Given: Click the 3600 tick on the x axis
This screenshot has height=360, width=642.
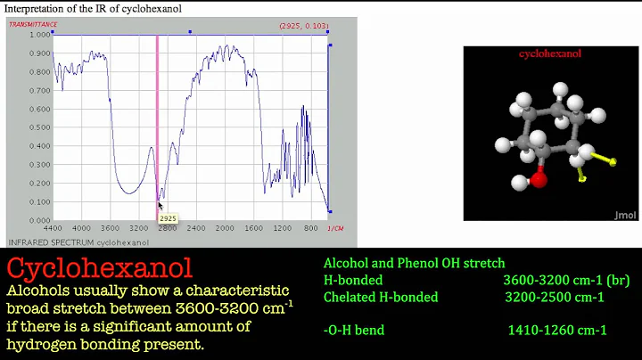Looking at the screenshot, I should [x=110, y=227].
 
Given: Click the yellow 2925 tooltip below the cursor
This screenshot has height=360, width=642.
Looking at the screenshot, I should [x=167, y=217].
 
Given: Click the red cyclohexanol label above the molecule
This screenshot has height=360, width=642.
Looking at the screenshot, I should [x=549, y=54].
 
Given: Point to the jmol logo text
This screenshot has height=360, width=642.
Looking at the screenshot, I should [x=625, y=215].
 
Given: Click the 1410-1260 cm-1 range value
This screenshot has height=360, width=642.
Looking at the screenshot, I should [x=557, y=331].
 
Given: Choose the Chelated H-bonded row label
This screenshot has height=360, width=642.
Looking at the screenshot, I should [x=381, y=297].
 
